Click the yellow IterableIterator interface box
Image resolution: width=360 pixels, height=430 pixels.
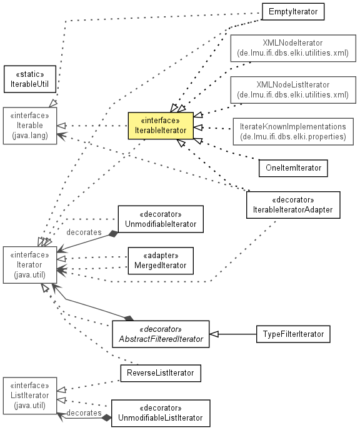click(161, 126)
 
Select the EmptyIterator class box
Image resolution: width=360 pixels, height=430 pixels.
click(293, 11)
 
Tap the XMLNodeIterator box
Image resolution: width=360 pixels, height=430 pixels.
click(293, 48)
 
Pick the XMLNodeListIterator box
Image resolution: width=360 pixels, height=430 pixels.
click(293, 90)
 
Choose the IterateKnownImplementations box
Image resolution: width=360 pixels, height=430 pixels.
click(293, 132)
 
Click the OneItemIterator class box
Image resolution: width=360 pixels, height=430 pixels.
click(293, 168)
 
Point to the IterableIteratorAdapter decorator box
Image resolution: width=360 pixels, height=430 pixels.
click(293, 205)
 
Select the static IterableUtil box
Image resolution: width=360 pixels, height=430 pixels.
click(30, 79)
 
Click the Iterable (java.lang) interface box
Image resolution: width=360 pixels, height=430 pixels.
click(30, 126)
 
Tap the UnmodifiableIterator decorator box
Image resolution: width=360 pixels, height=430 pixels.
click(161, 219)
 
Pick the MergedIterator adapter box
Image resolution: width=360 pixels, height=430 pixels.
click(161, 261)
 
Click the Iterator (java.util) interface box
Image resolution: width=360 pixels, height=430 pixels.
click(30, 265)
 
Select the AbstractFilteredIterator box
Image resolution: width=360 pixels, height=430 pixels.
click(161, 334)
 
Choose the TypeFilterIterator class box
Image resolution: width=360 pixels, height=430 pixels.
click(293, 334)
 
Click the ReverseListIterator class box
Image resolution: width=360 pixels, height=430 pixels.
click(161, 373)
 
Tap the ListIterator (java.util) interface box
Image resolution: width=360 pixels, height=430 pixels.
click(30, 396)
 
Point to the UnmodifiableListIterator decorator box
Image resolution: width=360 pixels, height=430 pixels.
click(161, 413)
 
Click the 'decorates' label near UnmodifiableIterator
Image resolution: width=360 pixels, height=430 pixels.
click(84, 232)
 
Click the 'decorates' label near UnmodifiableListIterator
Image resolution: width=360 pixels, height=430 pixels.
click(84, 412)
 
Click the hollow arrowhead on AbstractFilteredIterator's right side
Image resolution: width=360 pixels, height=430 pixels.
click(214, 334)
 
